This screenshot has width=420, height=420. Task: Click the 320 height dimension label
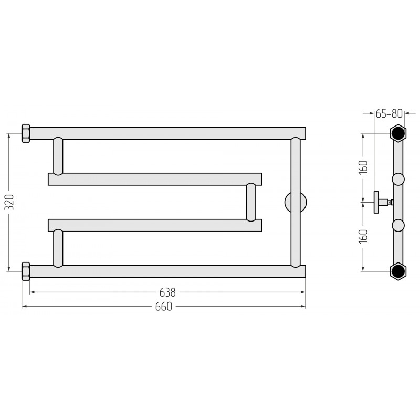(x=9, y=202)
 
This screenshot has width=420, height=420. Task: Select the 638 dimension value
(x=167, y=292)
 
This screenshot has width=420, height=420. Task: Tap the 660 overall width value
(x=163, y=307)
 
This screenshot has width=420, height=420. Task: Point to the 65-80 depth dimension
(x=389, y=113)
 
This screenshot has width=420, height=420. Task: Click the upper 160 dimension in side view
(x=363, y=167)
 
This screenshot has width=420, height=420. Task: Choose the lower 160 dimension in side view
(x=363, y=236)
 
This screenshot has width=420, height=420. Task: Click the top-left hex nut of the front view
(x=26, y=133)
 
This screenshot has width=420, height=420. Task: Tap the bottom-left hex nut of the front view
(x=26, y=271)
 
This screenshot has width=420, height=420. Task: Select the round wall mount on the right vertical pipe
(x=296, y=202)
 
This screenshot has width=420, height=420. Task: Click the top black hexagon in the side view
(x=398, y=133)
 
